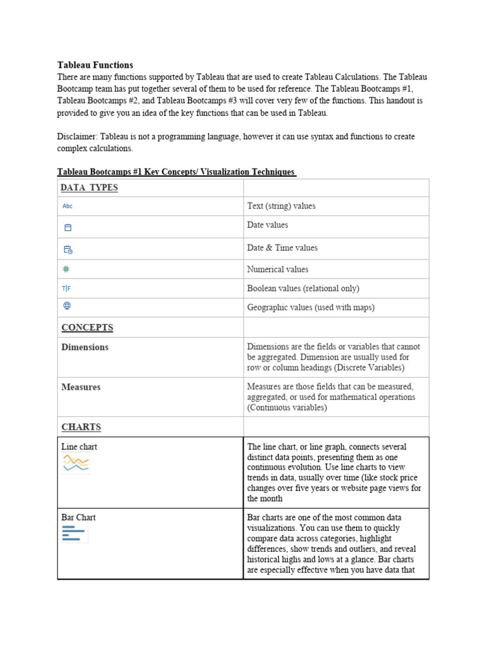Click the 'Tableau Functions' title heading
coord(95,65)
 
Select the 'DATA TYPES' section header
coord(89,188)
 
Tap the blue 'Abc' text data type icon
coord(68,206)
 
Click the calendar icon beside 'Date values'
coord(68,227)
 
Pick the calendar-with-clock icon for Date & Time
coord(68,249)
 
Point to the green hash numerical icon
coord(66,269)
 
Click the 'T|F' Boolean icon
coord(66,289)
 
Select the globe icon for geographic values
coord(67,306)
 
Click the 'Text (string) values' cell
coord(281,206)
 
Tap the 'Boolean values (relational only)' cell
coord(302,289)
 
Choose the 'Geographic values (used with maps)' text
coord(310,308)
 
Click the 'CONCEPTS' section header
coord(87,328)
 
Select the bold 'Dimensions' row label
coord(85,347)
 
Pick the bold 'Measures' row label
coord(81,387)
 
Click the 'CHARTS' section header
coord(81,427)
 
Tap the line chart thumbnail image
coord(75,464)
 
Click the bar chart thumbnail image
coord(74,533)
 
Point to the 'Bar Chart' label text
coord(78,518)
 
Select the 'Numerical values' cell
coord(277,270)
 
